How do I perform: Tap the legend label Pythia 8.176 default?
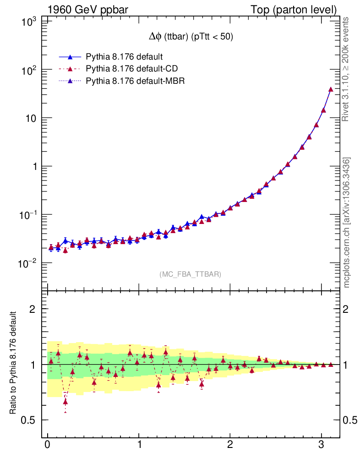click(x=124, y=57)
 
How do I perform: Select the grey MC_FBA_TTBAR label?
click(x=191, y=274)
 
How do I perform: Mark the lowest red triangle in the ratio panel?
click(x=65, y=402)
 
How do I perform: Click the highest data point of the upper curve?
click(x=331, y=89)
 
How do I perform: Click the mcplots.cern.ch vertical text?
click(x=347, y=223)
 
